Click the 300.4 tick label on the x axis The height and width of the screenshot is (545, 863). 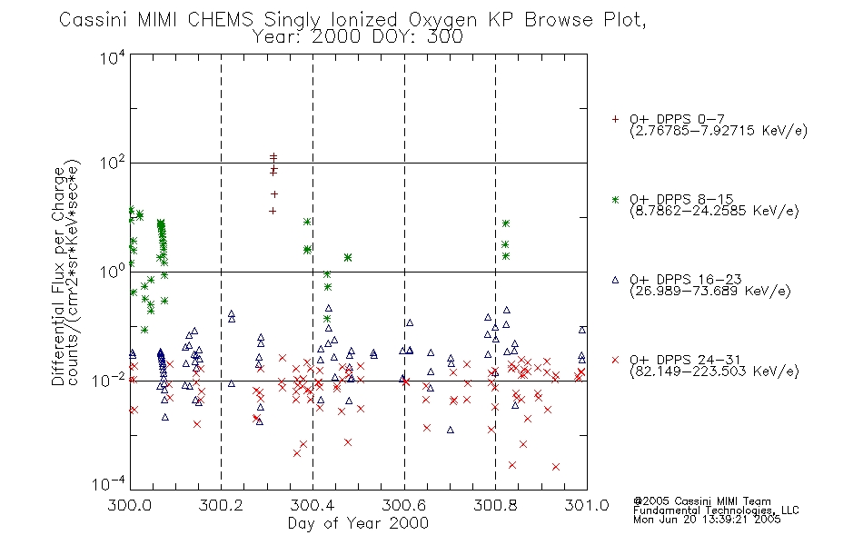tap(312, 505)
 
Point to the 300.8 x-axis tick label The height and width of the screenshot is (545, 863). tap(495, 505)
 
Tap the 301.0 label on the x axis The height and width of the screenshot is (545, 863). tap(587, 505)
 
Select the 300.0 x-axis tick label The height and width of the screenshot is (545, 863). tap(130, 505)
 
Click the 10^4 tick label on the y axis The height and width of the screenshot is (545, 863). tap(113, 57)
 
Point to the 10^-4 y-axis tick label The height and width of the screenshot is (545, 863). tap(109, 484)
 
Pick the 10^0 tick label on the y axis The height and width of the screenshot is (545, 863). tap(113, 272)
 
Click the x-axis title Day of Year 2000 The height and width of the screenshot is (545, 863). tap(358, 523)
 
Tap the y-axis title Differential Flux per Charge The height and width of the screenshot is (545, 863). tap(59, 276)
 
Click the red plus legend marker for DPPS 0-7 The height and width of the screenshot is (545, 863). tap(615, 119)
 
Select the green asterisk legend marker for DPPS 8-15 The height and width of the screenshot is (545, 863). tap(615, 199)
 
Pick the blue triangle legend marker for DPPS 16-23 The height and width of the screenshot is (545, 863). tap(615, 280)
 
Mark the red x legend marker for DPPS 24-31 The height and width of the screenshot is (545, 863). tap(615, 360)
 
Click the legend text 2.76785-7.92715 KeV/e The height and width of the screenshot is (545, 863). tap(719, 131)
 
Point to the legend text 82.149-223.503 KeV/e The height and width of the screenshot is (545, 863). tap(714, 372)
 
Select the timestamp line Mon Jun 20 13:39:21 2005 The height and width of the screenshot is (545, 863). tap(707, 520)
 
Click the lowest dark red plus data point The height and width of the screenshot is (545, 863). tap(273, 211)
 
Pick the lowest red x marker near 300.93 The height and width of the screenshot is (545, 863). tap(556, 467)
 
